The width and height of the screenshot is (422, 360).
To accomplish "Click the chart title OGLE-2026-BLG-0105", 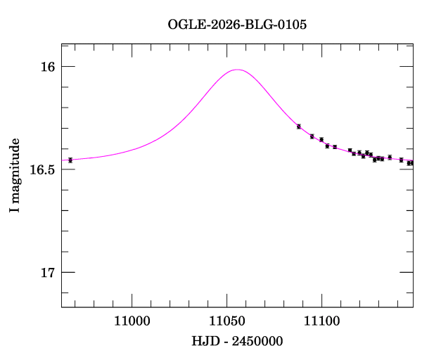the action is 237,25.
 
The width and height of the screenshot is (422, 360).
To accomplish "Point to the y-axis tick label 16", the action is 48,67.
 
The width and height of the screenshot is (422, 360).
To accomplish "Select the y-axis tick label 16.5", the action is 42,169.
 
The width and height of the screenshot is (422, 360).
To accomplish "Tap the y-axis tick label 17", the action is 48,273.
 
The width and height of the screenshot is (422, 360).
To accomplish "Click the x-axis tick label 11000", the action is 132,321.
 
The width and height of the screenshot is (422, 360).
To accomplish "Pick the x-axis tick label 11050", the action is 227,321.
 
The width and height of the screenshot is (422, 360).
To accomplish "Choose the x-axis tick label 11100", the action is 322,321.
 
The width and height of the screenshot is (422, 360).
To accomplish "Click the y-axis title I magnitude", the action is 15,175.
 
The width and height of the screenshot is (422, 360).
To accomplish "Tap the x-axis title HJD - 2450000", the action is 237,341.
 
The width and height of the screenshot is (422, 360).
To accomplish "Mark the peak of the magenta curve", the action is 237,70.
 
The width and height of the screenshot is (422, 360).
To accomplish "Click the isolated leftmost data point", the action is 70,160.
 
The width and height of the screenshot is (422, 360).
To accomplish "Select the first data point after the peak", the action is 299,127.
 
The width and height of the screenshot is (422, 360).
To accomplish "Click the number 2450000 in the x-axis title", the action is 257,341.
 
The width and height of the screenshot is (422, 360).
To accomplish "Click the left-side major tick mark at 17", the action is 68,272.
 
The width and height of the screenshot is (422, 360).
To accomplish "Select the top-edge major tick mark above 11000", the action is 132,51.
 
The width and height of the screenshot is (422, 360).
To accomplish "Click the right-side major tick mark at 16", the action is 407,66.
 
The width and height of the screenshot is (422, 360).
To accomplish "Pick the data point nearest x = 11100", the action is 321,140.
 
